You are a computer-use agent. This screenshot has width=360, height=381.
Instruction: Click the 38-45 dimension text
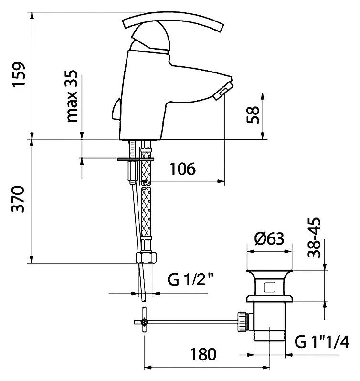[316, 238]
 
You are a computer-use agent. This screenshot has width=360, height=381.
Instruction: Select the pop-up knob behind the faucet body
[116, 110]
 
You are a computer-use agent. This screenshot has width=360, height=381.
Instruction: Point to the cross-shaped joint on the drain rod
[143, 323]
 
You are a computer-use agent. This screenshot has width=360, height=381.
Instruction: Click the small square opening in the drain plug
[268, 287]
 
